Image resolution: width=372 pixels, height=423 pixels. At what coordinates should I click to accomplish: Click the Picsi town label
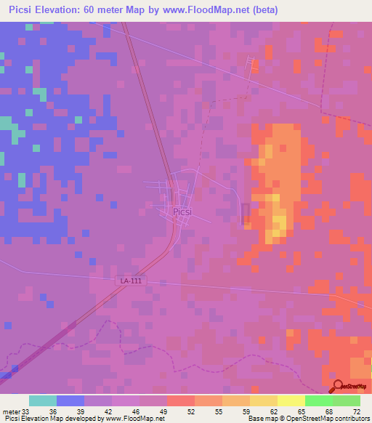[x=182, y=211]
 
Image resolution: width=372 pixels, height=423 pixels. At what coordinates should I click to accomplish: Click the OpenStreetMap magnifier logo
[x=337, y=387]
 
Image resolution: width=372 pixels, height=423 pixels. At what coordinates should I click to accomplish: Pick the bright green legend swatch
[x=318, y=400]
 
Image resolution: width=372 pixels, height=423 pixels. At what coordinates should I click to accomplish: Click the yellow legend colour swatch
[x=291, y=400]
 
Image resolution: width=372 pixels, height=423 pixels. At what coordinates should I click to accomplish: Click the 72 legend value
[x=356, y=411]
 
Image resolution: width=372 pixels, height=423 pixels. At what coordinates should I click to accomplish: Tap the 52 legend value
[x=191, y=411]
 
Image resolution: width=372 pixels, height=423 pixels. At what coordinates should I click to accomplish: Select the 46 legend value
[x=137, y=411]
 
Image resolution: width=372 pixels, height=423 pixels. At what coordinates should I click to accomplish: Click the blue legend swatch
[x=70, y=400]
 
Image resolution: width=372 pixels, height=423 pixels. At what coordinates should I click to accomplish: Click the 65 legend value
[x=300, y=411]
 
